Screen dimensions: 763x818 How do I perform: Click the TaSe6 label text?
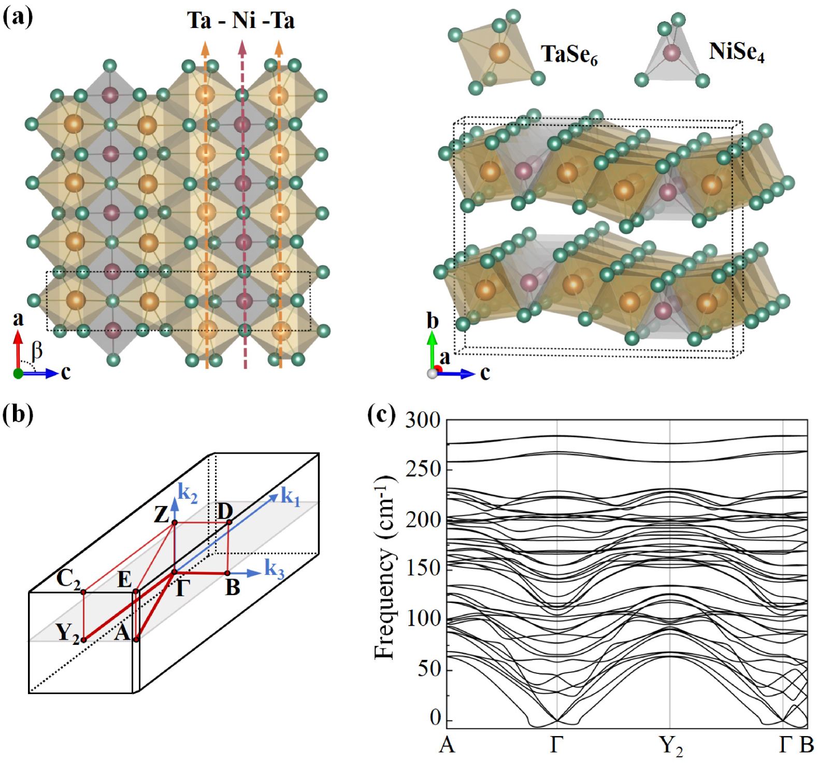click(569, 54)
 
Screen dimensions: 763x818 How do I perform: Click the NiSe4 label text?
click(736, 52)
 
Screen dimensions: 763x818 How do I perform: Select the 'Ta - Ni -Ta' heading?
click(241, 21)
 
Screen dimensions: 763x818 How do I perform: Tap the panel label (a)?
click(18, 17)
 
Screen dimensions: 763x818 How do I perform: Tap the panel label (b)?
click(18, 414)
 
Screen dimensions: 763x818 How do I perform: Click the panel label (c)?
click(381, 414)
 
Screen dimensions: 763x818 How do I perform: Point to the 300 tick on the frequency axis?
click(422, 420)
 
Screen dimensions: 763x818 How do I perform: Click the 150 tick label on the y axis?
click(422, 569)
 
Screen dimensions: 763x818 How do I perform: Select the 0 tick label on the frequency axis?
click(436, 718)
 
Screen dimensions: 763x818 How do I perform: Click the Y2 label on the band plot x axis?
click(671, 746)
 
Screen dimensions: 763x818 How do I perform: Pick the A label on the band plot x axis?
click(447, 745)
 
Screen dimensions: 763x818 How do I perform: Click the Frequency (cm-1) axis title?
click(385, 567)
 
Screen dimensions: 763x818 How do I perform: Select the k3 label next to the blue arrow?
click(275, 569)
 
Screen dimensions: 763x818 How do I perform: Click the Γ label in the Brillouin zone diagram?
click(182, 588)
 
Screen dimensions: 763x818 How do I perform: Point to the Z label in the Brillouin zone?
click(162, 514)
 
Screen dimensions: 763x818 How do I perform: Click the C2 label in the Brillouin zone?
click(68, 579)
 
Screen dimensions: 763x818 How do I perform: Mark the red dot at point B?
click(227, 573)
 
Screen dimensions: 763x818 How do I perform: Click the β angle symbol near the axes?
click(37, 351)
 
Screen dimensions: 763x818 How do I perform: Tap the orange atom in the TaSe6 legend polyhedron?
click(499, 53)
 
